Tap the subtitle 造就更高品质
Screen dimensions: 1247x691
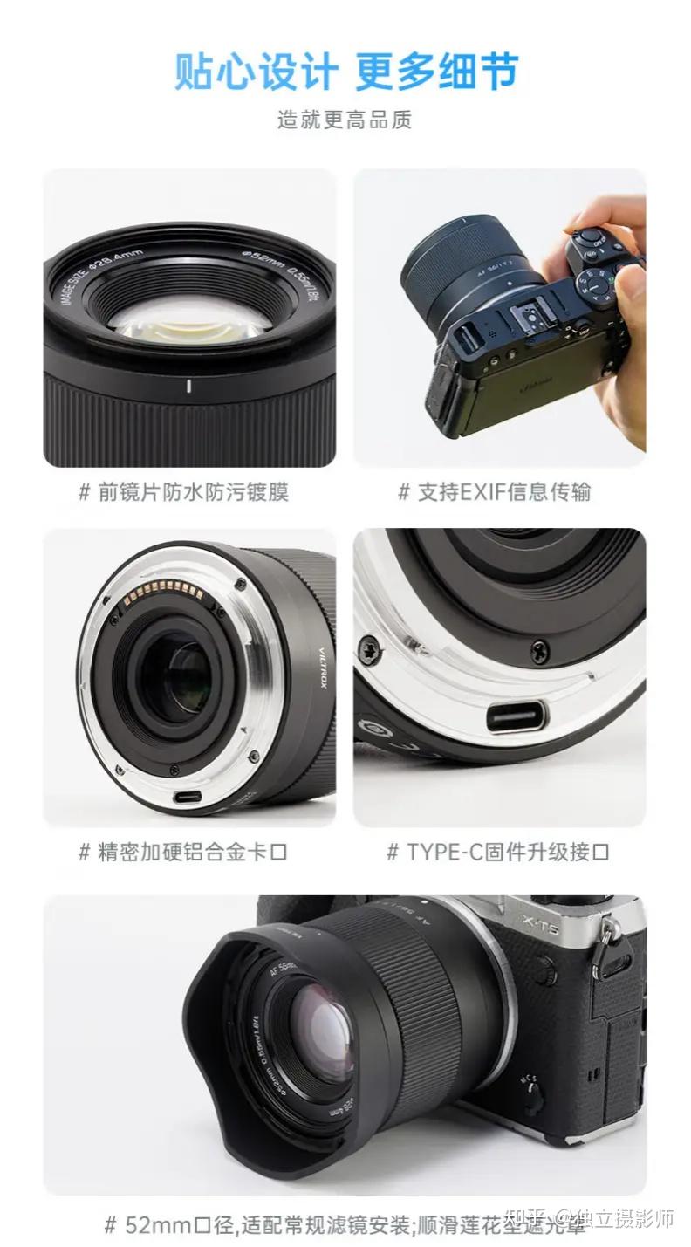[x=345, y=120]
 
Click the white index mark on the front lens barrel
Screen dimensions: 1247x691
[x=189, y=386]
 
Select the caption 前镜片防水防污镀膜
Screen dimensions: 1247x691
[x=193, y=492]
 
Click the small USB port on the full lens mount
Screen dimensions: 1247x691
[x=186, y=796]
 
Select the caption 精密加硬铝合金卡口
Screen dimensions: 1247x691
[x=193, y=852]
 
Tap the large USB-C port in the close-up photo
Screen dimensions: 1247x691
[x=516, y=716]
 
